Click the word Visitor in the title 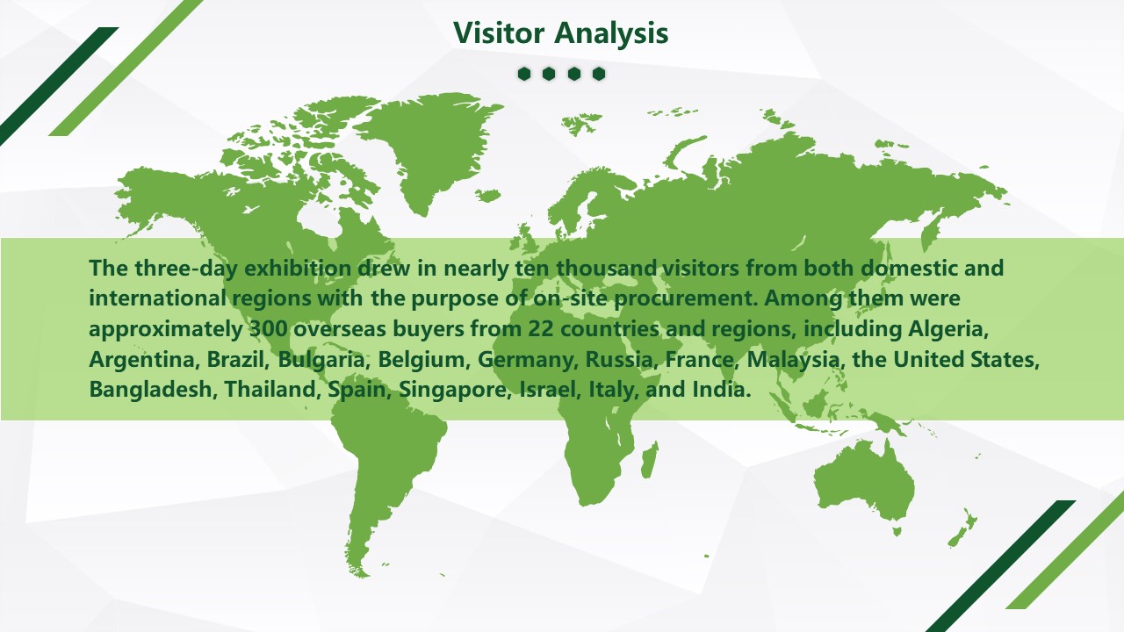pyautogui.click(x=499, y=33)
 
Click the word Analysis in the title pyautogui.click(x=612, y=33)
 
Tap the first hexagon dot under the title pyautogui.click(x=524, y=74)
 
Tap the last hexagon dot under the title pyautogui.click(x=599, y=74)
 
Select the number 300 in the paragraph pyautogui.click(x=269, y=329)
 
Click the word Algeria pyautogui.click(x=947, y=329)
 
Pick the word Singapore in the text pyautogui.click(x=455, y=390)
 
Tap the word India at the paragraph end pyautogui.click(x=722, y=390)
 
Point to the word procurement pyautogui.click(x=686, y=299)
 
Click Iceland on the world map pyautogui.click(x=487, y=195)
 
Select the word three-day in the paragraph pyautogui.click(x=184, y=269)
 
